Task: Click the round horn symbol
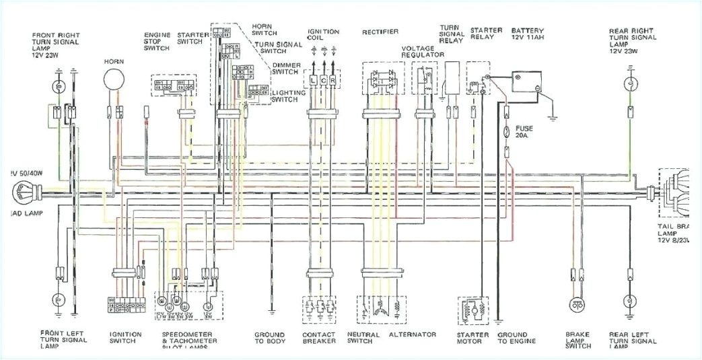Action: (114, 79)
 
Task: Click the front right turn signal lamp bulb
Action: (59, 86)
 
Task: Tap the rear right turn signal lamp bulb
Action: (630, 84)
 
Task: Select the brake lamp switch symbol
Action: (576, 305)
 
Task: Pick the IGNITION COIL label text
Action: (323, 36)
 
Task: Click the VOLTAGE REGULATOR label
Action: (422, 52)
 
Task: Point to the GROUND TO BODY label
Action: (269, 338)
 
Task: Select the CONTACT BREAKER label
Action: (319, 338)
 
